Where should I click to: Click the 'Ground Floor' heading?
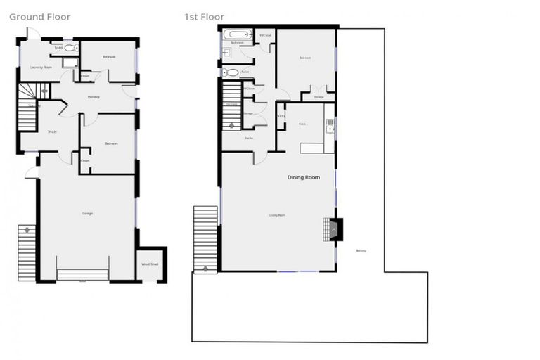pyautogui.click(x=40, y=17)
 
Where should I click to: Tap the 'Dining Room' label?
pyautogui.click(x=304, y=177)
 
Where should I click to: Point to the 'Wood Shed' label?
pyautogui.click(x=150, y=264)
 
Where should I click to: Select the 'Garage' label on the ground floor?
pyautogui.click(x=87, y=213)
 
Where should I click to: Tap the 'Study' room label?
pyautogui.click(x=52, y=131)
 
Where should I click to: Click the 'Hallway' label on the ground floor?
pyautogui.click(x=94, y=96)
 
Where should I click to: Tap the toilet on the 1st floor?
pyautogui.click(x=231, y=72)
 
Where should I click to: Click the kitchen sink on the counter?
pyautogui.click(x=330, y=126)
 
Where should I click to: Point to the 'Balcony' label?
pyautogui.click(x=361, y=251)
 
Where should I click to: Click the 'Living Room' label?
pyautogui.click(x=278, y=214)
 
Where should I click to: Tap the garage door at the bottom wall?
pyautogui.click(x=82, y=274)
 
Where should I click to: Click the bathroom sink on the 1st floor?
pyautogui.click(x=226, y=53)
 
